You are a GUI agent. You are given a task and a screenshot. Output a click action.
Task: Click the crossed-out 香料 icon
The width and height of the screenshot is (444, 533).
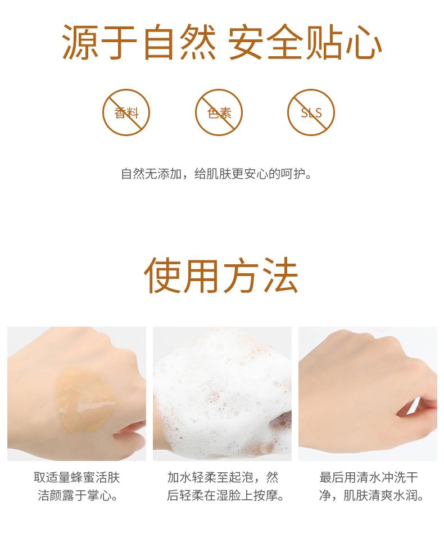point(126,112)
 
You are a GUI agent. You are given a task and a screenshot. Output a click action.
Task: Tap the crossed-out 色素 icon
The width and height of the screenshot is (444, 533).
point(219,112)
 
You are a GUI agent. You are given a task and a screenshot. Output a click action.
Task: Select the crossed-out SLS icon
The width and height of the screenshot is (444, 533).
point(311,112)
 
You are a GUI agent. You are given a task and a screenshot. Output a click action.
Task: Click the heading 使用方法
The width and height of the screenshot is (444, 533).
point(221,275)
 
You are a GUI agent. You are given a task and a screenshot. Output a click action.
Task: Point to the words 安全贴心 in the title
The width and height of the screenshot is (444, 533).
point(305,42)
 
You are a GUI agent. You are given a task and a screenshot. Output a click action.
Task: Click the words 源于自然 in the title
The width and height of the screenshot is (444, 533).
point(139,42)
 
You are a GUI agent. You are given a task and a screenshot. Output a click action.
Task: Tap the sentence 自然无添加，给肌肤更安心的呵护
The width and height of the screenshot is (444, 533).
point(216,174)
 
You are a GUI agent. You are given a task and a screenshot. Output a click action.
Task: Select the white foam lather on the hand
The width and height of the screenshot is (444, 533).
point(222,391)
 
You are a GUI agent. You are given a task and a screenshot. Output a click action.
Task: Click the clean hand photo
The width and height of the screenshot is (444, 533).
point(368,394)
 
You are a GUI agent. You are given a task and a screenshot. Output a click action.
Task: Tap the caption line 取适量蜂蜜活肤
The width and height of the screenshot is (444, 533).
point(77,477)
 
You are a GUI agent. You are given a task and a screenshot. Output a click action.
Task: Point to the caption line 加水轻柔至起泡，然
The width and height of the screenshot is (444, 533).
point(223,477)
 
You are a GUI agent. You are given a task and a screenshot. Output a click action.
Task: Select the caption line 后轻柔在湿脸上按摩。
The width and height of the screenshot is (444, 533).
point(226,495)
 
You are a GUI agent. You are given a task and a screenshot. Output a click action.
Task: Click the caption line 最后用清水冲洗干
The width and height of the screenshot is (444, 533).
point(369,477)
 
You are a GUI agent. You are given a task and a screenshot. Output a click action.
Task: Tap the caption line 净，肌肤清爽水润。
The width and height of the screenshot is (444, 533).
point(371,495)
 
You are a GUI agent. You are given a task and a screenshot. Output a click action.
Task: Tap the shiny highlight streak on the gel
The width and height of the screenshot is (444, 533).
point(96,406)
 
